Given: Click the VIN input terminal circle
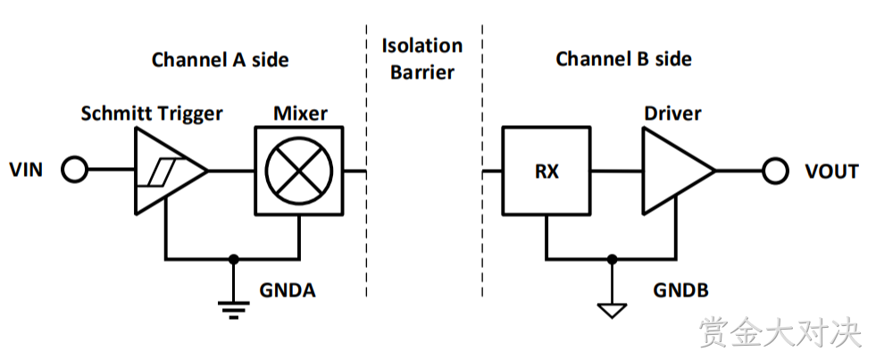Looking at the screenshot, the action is click(x=74, y=170).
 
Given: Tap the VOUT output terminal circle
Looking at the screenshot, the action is click(x=775, y=170).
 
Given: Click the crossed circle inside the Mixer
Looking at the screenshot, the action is click(x=299, y=171).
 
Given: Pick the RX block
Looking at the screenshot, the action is click(x=546, y=171).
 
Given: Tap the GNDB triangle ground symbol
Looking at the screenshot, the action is click(x=613, y=311).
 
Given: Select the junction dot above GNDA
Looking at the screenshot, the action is click(x=234, y=259).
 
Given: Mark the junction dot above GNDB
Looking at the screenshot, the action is click(x=613, y=259).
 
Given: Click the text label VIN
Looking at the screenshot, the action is click(x=26, y=170).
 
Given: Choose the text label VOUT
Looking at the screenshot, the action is click(x=832, y=171).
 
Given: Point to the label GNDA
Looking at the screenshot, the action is click(x=288, y=290).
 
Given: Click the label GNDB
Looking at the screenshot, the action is click(x=681, y=290).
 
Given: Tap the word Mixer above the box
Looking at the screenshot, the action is click(x=301, y=113).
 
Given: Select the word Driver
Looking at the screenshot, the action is click(x=672, y=113).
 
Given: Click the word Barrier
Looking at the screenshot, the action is click(x=422, y=72).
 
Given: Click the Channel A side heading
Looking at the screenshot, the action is click(x=221, y=59).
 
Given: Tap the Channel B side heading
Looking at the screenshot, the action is click(x=623, y=59).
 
